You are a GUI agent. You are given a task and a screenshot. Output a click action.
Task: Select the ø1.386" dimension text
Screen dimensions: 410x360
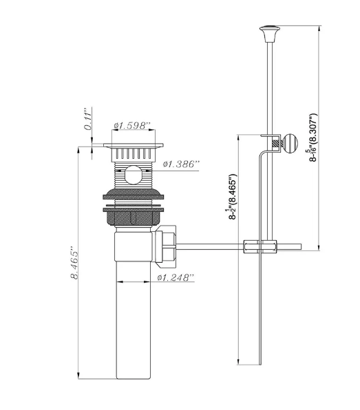pyautogui.click(x=181, y=164)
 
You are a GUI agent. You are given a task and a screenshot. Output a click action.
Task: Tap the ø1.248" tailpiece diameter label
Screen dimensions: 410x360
pyautogui.click(x=175, y=278)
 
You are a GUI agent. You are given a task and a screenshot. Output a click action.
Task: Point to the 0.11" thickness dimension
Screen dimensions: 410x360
pyautogui.click(x=88, y=119)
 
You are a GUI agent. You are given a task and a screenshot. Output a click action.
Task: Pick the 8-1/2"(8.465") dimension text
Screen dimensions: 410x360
pyautogui.click(x=232, y=197)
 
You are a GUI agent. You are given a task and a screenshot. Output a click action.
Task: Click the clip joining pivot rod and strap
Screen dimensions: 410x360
pyautogui.click(x=260, y=246)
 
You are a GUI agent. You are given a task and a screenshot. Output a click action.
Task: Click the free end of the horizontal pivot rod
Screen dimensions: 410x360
pyautogui.click(x=300, y=245)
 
